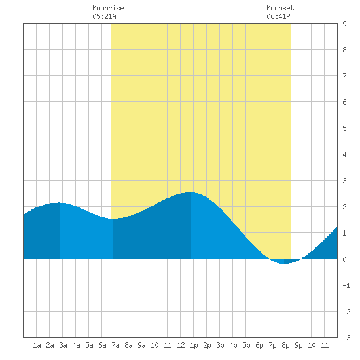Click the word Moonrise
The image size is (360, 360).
[108, 8]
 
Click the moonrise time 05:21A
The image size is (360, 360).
[104, 16]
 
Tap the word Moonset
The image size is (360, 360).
[280, 8]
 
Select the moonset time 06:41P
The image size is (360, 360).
[278, 16]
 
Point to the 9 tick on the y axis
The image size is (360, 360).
[344, 24]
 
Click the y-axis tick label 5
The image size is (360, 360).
[344, 128]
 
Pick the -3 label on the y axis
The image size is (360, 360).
[346, 338]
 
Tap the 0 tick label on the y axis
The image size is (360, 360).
[344, 259]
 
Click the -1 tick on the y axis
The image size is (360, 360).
[346, 285]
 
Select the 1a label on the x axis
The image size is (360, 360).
[37, 345]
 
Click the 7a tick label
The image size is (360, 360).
[115, 345]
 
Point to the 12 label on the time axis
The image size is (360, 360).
[181, 345]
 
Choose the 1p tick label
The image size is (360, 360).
[194, 345]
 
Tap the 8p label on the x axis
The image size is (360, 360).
[285, 345]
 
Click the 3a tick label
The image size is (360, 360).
[63, 345]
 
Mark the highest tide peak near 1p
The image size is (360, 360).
[191, 192]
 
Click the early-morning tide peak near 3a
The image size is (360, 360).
[59, 203]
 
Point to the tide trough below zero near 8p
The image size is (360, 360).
[284, 263]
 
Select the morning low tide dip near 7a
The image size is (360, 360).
[113, 219]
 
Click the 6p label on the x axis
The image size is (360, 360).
[259, 345]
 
